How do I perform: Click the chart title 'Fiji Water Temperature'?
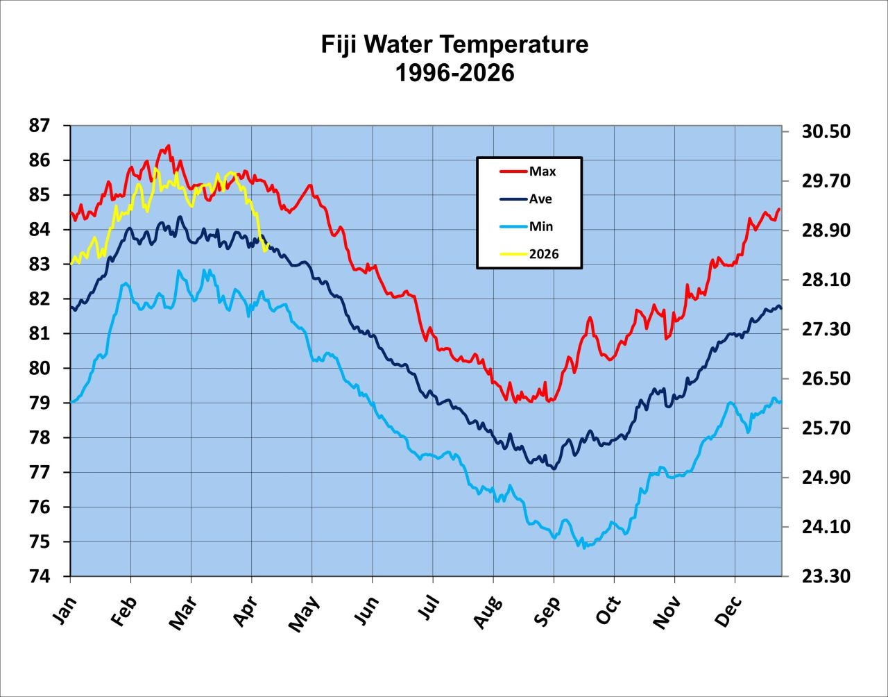point(454,44)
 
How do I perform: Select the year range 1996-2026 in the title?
point(454,72)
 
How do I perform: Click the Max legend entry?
point(542,171)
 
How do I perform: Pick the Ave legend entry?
point(540,199)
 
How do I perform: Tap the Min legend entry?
point(540,226)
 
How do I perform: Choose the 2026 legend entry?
point(543,254)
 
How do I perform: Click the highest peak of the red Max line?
point(169,145)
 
